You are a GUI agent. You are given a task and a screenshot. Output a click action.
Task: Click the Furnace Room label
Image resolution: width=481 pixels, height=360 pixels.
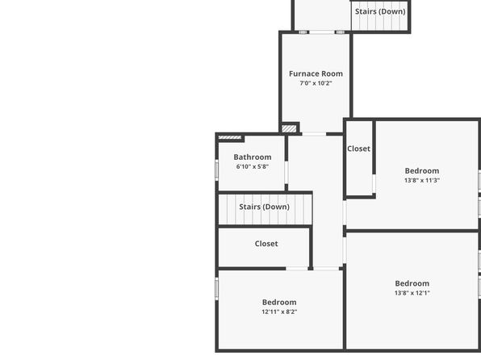click(316, 73)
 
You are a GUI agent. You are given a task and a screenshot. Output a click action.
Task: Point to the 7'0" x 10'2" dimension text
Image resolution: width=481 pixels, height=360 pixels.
click(316, 83)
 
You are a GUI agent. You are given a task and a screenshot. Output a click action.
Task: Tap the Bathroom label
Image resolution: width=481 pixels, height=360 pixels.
click(253, 157)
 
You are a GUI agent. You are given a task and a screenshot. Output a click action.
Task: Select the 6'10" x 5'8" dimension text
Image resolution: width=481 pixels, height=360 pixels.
click(253, 166)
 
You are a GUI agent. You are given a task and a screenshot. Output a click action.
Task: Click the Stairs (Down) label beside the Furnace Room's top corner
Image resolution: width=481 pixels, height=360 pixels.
click(380, 11)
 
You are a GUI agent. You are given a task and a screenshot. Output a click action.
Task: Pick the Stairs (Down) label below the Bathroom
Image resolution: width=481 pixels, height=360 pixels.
click(264, 207)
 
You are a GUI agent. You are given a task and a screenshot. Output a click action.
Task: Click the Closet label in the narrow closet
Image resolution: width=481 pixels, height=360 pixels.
click(358, 149)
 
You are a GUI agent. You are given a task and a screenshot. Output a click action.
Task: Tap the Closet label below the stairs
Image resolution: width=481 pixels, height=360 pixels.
click(266, 244)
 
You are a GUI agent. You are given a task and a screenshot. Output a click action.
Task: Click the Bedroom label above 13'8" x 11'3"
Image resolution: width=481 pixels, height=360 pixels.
click(422, 171)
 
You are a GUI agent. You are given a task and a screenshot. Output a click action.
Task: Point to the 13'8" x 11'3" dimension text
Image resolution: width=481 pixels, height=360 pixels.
click(422, 181)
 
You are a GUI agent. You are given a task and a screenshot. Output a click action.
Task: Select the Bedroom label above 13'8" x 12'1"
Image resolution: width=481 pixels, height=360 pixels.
click(412, 283)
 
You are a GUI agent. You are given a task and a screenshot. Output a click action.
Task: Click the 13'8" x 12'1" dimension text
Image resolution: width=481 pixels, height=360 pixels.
click(412, 293)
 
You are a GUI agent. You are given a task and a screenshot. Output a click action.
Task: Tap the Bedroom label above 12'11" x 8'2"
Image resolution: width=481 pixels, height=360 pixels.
click(279, 303)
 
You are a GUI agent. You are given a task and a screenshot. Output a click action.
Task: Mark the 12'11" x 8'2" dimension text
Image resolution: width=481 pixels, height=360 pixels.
click(279, 312)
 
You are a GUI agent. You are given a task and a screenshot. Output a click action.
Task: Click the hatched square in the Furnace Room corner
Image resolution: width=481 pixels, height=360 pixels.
click(289, 128)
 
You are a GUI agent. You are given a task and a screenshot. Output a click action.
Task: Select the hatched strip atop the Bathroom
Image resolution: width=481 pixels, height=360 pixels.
click(230, 137)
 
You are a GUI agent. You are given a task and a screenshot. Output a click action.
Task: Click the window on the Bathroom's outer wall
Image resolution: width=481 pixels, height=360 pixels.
click(216, 170)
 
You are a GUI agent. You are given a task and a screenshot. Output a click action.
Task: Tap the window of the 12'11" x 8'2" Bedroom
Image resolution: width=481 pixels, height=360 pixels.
click(216, 288)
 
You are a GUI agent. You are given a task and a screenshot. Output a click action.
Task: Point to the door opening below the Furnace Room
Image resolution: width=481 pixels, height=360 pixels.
click(314, 134)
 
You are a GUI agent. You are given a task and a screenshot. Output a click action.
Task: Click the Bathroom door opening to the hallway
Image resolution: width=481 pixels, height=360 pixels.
click(287, 173)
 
